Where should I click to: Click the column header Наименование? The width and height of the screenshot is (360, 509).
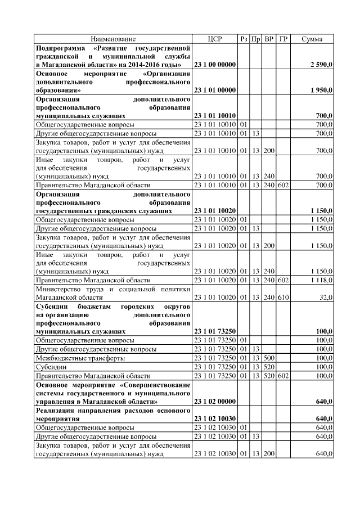tap(113, 39)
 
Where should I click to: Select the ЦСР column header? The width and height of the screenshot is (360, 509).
tap(215, 39)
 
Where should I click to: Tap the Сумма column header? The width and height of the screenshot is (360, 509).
tap(312, 39)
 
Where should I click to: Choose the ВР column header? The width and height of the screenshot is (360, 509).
tap(269, 39)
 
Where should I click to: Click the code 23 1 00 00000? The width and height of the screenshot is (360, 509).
tap(214, 65)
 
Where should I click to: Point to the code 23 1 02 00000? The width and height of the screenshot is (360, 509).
tap(214, 402)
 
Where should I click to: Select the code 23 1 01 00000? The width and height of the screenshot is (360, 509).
tap(214, 90)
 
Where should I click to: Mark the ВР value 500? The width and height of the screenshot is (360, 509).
tap(269, 358)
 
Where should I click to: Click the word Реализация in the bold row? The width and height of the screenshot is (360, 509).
tap(56, 411)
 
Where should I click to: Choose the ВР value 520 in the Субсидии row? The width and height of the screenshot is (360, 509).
tap(269, 366)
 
